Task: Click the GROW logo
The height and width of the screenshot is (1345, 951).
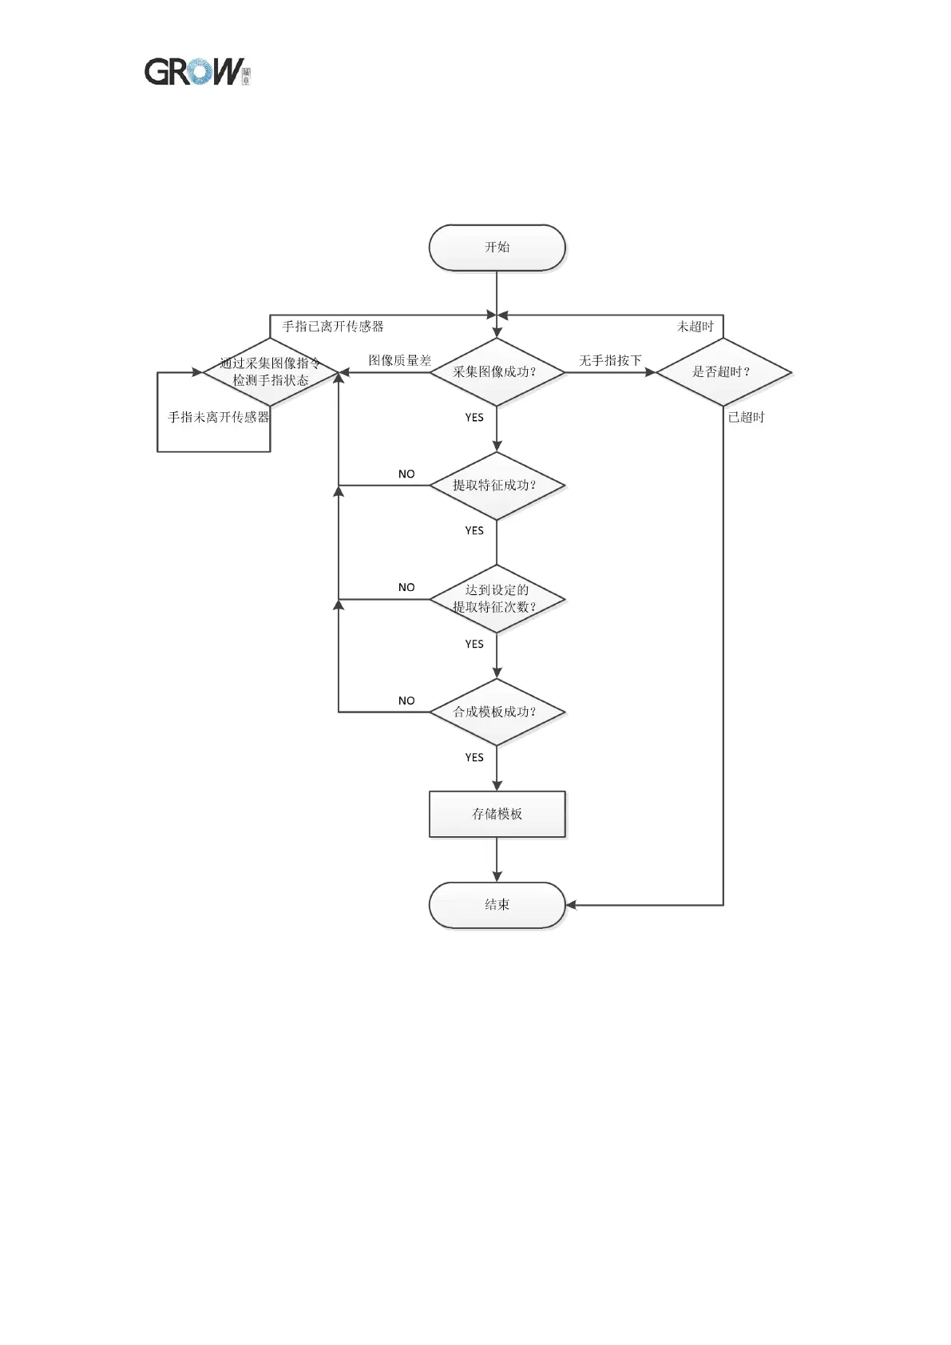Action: (x=196, y=72)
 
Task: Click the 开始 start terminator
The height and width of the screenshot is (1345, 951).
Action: (x=497, y=248)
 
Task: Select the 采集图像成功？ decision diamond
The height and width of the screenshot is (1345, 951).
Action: (x=497, y=372)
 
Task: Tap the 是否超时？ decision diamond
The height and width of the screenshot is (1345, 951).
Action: (x=723, y=372)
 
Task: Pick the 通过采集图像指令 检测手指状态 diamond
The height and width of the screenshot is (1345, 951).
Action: (x=271, y=372)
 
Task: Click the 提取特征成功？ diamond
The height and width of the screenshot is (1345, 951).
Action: (x=497, y=486)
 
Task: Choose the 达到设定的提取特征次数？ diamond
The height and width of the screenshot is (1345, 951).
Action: (x=497, y=599)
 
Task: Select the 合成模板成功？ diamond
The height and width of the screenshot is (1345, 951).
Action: (x=497, y=712)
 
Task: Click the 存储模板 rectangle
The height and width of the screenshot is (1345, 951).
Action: (x=497, y=814)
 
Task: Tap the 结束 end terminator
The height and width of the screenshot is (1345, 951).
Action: (x=497, y=905)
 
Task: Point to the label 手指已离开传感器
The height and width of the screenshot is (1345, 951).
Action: (x=333, y=327)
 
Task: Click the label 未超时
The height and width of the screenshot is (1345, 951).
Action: (x=695, y=327)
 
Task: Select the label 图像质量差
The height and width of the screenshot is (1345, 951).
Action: (x=399, y=361)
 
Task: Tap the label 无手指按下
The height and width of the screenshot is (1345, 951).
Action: (x=610, y=361)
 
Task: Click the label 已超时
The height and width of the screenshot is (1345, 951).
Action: (x=746, y=418)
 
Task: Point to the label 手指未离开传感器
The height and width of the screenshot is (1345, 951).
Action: (x=218, y=418)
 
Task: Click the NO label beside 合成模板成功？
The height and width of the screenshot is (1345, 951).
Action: (x=406, y=701)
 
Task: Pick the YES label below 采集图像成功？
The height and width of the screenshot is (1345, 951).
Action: (x=474, y=418)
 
